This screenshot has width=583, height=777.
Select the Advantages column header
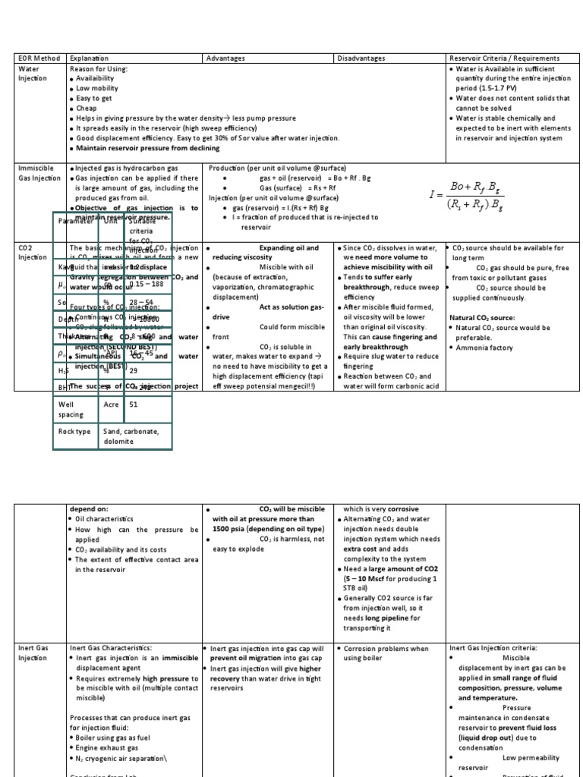(224, 58)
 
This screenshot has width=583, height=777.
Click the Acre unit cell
(112, 404)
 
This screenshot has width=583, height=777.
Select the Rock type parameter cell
(74, 432)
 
